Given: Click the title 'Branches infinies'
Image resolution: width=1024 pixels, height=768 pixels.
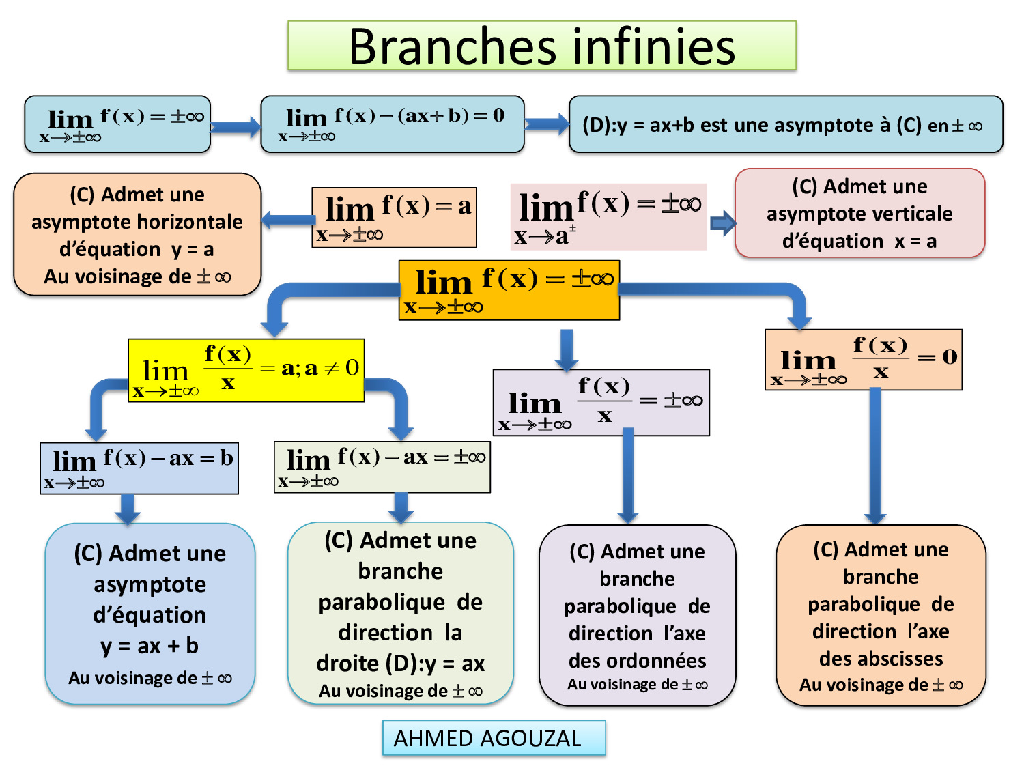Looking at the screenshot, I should coord(541,46).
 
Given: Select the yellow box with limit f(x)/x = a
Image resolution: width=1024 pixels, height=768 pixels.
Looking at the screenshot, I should coord(246,370).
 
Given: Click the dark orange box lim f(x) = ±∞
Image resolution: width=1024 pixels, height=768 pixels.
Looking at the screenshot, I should coord(509,290).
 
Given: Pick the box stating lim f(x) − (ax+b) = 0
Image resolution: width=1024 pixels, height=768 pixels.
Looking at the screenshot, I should coord(392,124).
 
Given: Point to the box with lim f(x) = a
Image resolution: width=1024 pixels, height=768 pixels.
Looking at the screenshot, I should coord(394,217).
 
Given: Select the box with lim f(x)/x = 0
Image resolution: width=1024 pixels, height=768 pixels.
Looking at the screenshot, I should coord(863,360).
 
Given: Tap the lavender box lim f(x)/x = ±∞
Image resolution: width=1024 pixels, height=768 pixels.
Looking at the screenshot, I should coord(601,403).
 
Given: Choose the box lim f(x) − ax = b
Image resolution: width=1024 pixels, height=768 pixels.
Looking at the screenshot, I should coord(139,468).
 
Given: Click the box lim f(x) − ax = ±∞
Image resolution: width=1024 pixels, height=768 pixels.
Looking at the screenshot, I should coord(382,467).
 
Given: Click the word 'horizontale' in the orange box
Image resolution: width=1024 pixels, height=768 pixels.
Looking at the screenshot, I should coord(198,222).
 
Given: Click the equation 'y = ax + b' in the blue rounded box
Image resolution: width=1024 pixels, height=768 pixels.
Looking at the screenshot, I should coord(150,645).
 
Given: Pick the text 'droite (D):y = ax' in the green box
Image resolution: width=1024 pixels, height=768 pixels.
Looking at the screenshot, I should coord(400,663).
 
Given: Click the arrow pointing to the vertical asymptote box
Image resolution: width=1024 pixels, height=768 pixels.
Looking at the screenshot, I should coord(722,223).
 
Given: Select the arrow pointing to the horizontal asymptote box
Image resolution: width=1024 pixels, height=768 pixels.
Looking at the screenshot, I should coord(287,220).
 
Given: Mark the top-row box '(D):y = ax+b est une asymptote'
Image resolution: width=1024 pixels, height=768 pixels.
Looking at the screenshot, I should coord(785,124).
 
